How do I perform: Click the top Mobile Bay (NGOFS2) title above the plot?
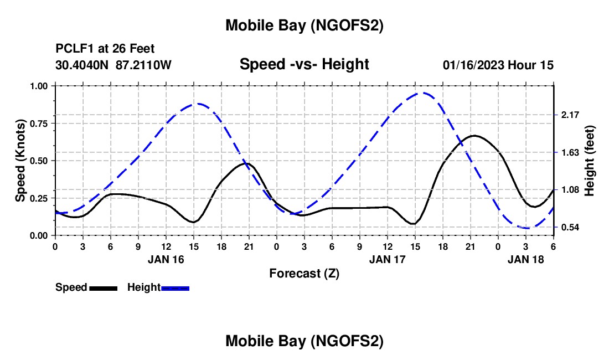(304, 25)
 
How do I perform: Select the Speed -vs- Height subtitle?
(304, 64)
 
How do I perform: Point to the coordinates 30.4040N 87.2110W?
(113, 65)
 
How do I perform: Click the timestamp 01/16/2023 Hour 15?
(498, 65)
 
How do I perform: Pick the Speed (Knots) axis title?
(20, 161)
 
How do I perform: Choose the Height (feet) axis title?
(589, 161)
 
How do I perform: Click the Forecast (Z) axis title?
(304, 273)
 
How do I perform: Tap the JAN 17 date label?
(388, 259)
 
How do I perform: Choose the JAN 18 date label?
(526, 259)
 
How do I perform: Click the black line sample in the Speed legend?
(103, 287)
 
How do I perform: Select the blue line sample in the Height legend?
(175, 287)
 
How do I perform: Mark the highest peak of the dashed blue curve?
(424, 92)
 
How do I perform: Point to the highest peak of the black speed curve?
(474, 135)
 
